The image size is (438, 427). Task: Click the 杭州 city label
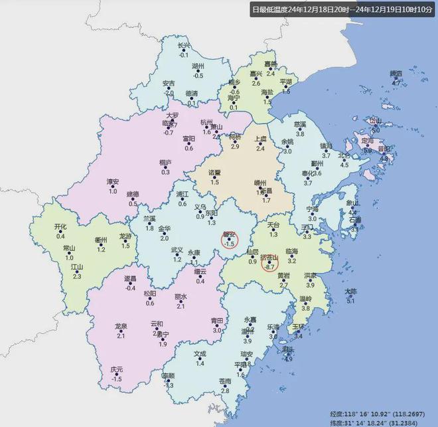pos(206,123)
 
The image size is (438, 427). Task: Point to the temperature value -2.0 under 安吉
pos(169,94)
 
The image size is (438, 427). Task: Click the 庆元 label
pos(117,369)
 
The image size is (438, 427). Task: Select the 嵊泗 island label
pos(396,74)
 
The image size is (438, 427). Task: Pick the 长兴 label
pos(184,46)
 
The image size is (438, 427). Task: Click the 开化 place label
pos(60,227)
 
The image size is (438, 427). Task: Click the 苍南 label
pos(224,381)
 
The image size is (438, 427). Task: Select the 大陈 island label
pos(350,291)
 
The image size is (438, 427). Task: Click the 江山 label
pos(76,267)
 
